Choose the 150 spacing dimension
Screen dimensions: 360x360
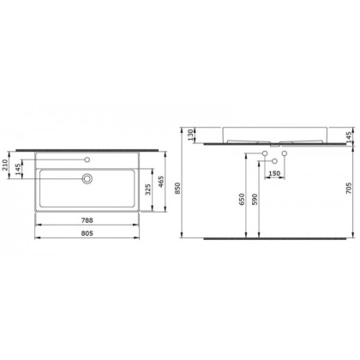[x=275, y=174]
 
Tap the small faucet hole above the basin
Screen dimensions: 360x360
[x=87, y=159]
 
